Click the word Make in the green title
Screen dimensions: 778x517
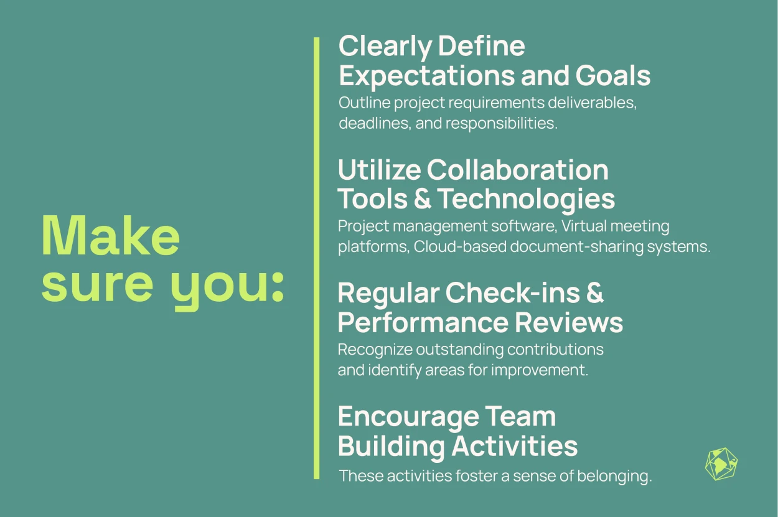coord(110,236)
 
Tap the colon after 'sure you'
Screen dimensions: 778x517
coord(278,286)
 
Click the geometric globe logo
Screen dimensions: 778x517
coord(721,464)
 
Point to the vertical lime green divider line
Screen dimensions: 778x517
coord(316,258)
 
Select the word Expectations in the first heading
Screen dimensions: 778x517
coord(427,75)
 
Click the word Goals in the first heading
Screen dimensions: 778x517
coord(613,75)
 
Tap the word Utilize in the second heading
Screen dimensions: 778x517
coord(379,170)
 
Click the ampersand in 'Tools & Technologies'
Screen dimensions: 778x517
coord(423,198)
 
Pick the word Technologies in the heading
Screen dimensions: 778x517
coord(526,199)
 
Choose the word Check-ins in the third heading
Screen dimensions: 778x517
coord(513,293)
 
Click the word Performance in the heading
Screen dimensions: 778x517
coord(423,322)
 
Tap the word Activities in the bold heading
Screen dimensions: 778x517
coord(514,446)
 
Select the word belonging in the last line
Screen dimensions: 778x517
coord(615,477)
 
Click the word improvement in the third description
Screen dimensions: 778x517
coord(540,370)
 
